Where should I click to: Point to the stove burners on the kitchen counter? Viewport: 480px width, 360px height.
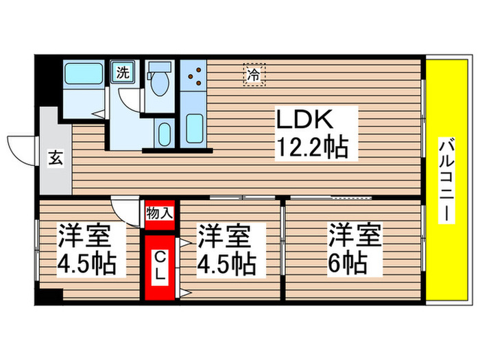click(193, 75)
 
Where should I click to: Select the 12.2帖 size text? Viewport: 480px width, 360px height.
click(311, 146)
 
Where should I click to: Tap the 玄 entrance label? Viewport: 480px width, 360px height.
click(55, 158)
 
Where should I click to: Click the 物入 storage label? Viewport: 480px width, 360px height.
click(159, 213)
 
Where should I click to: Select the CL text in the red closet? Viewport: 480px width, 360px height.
click(159, 266)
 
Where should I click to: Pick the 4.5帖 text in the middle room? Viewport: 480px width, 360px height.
click(228, 263)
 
